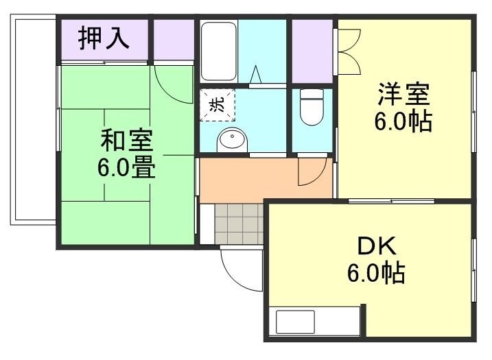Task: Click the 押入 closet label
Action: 103,38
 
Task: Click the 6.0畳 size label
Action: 126,167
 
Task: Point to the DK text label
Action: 375,245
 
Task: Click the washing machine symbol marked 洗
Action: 218,105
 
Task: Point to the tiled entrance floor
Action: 239,224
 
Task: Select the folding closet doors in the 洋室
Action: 347,51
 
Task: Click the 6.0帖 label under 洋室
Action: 403,122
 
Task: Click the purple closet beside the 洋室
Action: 312,49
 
